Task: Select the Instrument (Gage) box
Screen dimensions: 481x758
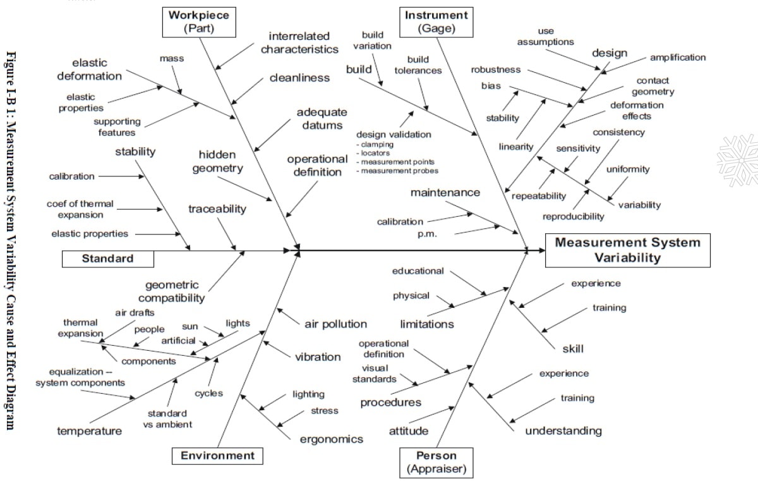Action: coord(436,21)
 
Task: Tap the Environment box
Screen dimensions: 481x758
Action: coord(217,456)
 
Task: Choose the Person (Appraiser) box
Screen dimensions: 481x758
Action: coord(436,462)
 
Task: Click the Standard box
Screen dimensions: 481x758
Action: coord(107,259)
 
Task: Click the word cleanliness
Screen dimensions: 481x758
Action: coord(299,78)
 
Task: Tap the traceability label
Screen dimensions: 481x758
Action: coord(217,209)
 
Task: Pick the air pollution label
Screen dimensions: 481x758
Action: coord(335,324)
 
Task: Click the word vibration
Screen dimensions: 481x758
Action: coord(318,357)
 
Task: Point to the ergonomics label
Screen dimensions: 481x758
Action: coord(331,439)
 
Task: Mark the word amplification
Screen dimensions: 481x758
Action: coord(678,58)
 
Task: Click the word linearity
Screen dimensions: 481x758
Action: coord(516,147)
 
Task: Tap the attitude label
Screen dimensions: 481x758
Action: coord(408,431)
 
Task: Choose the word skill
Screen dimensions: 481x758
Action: coord(572,349)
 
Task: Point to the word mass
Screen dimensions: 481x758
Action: coord(171,59)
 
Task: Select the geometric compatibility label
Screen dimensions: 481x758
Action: coord(172,291)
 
